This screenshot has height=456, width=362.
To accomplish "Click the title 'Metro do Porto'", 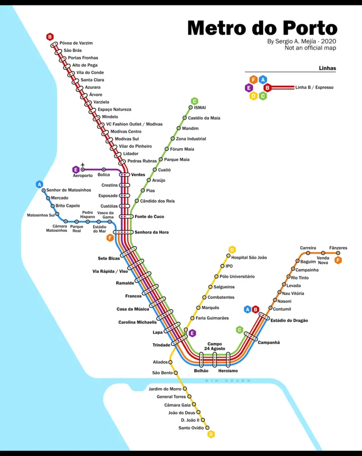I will [x=262, y=28].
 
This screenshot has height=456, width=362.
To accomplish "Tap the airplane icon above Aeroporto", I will [x=82, y=164].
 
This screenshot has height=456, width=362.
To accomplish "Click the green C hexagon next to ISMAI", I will [x=194, y=101].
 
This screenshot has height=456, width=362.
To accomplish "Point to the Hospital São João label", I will [x=249, y=257].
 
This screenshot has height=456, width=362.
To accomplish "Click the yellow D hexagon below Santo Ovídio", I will [x=211, y=434].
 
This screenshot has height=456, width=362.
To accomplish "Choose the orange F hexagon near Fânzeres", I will [x=338, y=260].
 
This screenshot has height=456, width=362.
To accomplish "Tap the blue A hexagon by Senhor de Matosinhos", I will [x=39, y=184].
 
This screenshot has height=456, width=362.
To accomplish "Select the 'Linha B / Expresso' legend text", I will [x=314, y=87].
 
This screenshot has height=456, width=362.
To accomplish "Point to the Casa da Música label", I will [x=133, y=309].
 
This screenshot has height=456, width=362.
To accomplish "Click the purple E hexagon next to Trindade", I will [x=192, y=333].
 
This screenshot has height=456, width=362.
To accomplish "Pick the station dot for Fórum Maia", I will [x=167, y=149].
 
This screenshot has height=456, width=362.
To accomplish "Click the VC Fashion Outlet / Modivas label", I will [x=134, y=124].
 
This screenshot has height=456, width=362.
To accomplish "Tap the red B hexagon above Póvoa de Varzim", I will [x=50, y=37].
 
